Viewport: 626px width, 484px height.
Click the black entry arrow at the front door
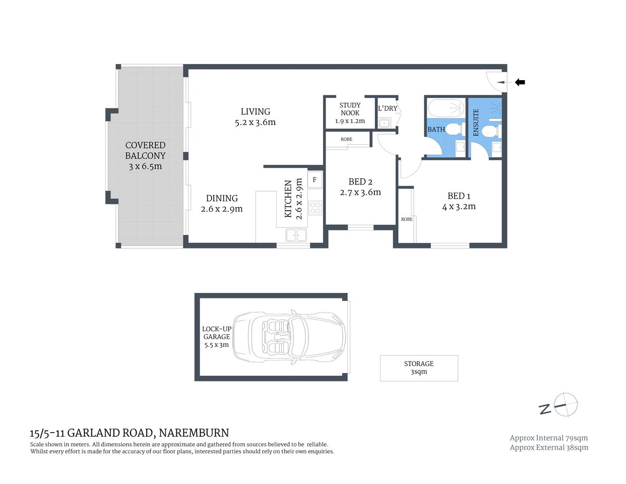(x=520, y=82)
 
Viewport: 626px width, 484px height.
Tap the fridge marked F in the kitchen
(x=315, y=179)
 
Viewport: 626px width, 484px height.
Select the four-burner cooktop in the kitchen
(x=316, y=208)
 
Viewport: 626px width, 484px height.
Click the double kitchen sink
(x=296, y=234)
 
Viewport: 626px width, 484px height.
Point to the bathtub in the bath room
(x=446, y=108)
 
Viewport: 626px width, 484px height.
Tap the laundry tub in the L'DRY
(x=385, y=123)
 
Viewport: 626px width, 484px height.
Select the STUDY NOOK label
(x=350, y=109)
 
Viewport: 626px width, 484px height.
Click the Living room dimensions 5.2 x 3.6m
(x=255, y=123)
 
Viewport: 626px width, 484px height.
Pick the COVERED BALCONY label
(x=145, y=150)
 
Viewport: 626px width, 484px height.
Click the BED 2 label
(x=360, y=182)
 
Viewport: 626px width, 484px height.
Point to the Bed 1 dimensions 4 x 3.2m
(x=459, y=207)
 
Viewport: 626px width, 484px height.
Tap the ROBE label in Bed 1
(x=407, y=219)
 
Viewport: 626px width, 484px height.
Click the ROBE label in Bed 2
(x=346, y=139)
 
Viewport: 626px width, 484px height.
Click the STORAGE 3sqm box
(x=418, y=368)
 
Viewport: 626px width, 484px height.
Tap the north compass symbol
(x=566, y=404)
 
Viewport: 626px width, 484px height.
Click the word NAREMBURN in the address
(x=194, y=433)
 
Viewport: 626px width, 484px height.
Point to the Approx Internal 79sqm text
(x=548, y=438)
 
